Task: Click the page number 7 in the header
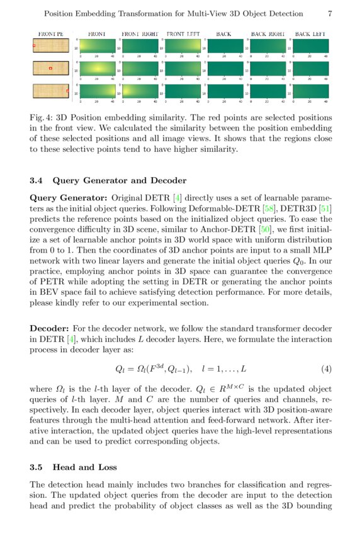point(331,14)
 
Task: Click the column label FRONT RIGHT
point(139,33)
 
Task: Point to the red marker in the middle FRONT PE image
point(51,67)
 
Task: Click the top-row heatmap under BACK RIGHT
point(268,47)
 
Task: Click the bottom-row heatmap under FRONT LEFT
point(183,91)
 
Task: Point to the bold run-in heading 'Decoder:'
point(49,328)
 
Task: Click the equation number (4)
point(326,368)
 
